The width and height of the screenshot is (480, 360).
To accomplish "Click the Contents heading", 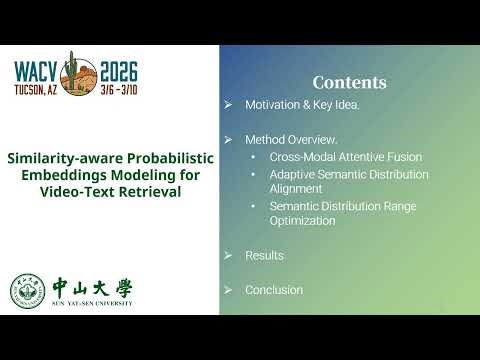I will point(349,82).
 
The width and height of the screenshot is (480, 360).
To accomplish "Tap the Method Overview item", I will point(291,138).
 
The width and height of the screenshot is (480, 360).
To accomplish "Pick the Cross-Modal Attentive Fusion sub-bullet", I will point(345,157).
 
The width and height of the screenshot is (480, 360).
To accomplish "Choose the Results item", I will point(264,256).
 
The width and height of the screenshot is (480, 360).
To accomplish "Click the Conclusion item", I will point(273,290).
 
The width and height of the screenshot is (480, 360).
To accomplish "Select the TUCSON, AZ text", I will point(38,89).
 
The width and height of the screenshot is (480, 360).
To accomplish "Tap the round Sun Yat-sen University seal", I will point(27,290).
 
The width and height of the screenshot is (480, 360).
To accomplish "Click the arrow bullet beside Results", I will point(229,256).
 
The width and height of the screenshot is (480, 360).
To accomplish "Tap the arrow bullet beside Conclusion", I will point(229,290).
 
